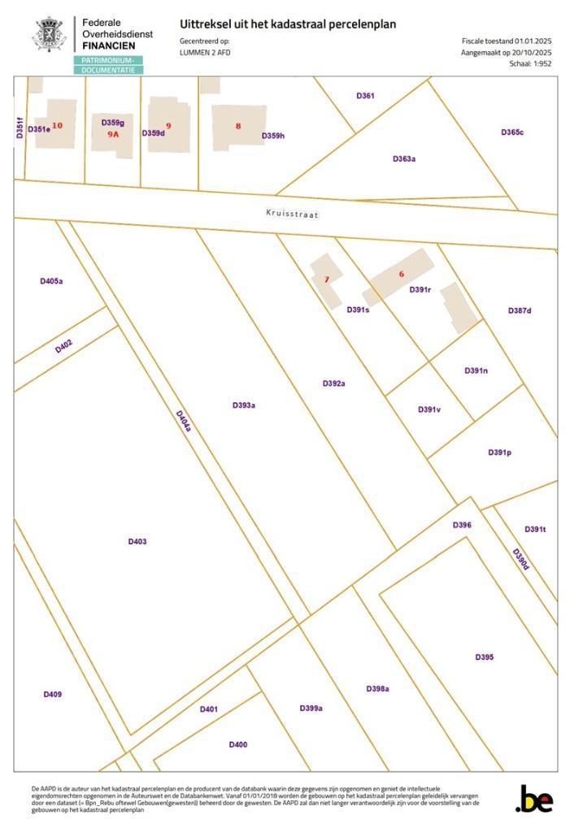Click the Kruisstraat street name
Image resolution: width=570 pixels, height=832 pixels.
coord(291,214)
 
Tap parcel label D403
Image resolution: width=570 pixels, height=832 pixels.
coord(137,541)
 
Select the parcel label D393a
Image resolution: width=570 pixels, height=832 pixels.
coord(243,405)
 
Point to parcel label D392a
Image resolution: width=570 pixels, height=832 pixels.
coord(333,383)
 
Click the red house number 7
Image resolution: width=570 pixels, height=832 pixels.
coord(326,279)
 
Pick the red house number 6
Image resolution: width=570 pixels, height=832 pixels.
coord(401,275)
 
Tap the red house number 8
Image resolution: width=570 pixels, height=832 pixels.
coord(238,126)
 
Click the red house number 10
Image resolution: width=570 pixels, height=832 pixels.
coord(57,125)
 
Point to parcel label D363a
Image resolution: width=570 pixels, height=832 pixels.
coord(404,159)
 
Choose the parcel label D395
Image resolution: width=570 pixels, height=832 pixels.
coord(484,656)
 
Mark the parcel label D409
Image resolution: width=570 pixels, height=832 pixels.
coord(52,694)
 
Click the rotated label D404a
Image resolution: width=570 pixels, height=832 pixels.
coord(184,420)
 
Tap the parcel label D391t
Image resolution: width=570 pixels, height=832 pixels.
coord(534,529)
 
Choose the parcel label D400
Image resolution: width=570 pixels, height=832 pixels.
coord(237,744)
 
